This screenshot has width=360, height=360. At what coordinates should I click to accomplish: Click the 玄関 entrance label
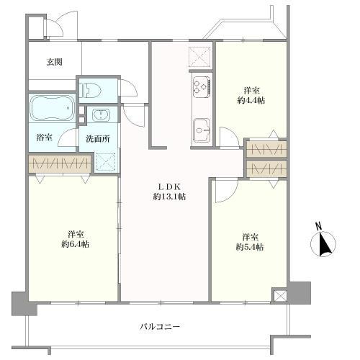pos(55,62)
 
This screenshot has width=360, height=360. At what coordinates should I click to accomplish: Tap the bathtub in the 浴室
pos(52,108)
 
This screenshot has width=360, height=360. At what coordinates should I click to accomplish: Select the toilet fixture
pos(91,90)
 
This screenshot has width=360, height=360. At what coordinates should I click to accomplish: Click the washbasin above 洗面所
pos(102,115)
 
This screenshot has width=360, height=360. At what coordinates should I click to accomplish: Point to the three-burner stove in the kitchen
pos(202,86)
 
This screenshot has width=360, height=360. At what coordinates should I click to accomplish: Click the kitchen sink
pos(202,131)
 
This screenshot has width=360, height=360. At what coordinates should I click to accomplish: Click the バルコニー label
pos(160,327)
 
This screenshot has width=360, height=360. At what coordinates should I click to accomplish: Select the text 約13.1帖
pos(170,197)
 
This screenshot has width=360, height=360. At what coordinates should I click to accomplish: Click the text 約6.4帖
pos(76,244)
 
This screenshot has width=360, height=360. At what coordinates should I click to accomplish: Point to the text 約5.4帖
pos(250,247)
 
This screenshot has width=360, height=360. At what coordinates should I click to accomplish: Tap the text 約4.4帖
pos(251,100)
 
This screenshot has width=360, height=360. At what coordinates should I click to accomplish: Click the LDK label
pos(168,186)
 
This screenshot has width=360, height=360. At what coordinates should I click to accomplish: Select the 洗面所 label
pos(98,139)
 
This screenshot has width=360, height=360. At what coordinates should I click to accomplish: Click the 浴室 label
pos(45,138)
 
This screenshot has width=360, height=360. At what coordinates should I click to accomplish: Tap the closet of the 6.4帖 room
pos(60,163)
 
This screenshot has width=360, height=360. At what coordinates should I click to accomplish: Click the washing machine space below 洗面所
pos(106,161)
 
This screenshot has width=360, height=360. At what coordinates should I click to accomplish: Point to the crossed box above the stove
pos(200,56)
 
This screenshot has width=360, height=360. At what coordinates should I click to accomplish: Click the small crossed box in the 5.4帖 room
pos(279,296)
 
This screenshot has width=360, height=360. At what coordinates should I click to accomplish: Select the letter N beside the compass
pos(319,226)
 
